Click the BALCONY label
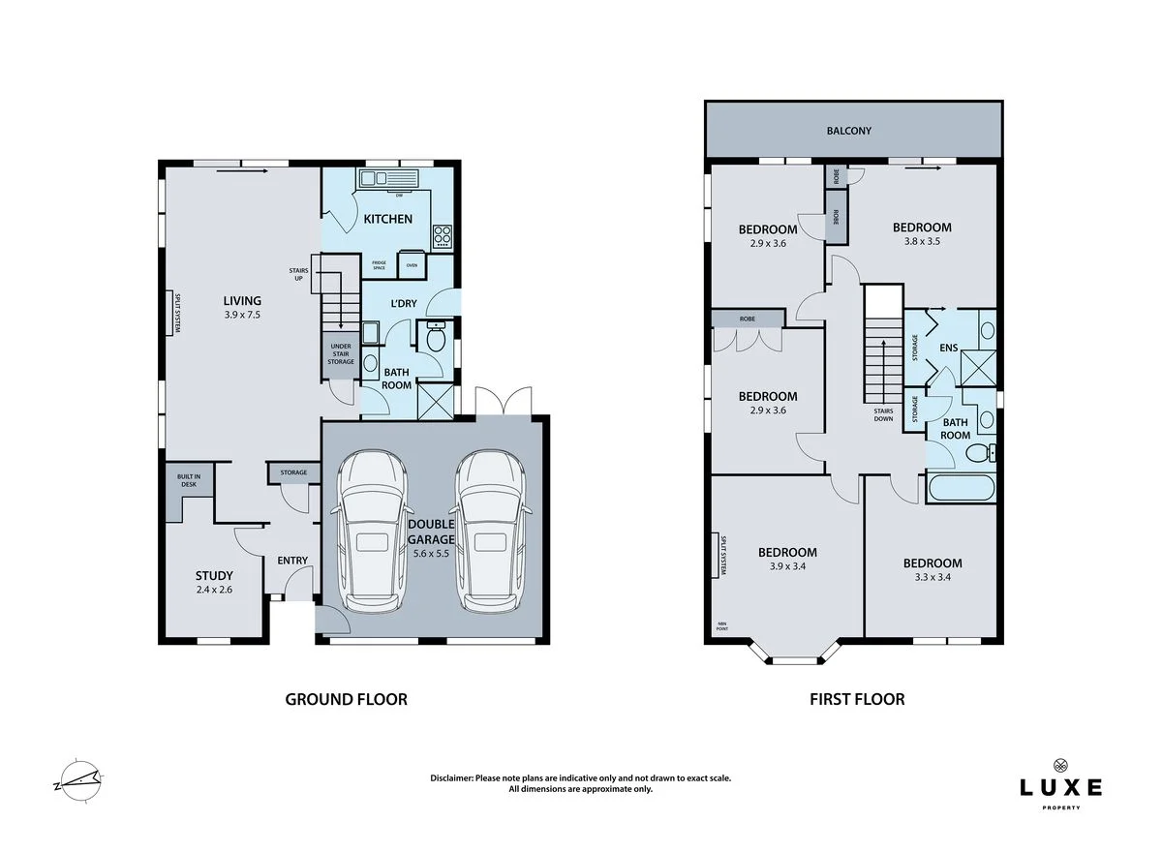click(848, 130)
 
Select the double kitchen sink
click(386, 178)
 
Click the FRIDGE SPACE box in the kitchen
click(379, 264)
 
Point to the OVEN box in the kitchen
click(412, 264)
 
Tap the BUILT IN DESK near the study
click(188, 481)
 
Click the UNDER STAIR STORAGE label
click(341, 353)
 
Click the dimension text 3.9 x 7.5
click(242, 315)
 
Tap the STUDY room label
click(214, 576)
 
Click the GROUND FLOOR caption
click(346, 699)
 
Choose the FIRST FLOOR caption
click(857, 699)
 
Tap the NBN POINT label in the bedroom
click(721, 624)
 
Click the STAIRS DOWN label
click(882, 414)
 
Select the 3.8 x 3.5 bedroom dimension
click(916, 242)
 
